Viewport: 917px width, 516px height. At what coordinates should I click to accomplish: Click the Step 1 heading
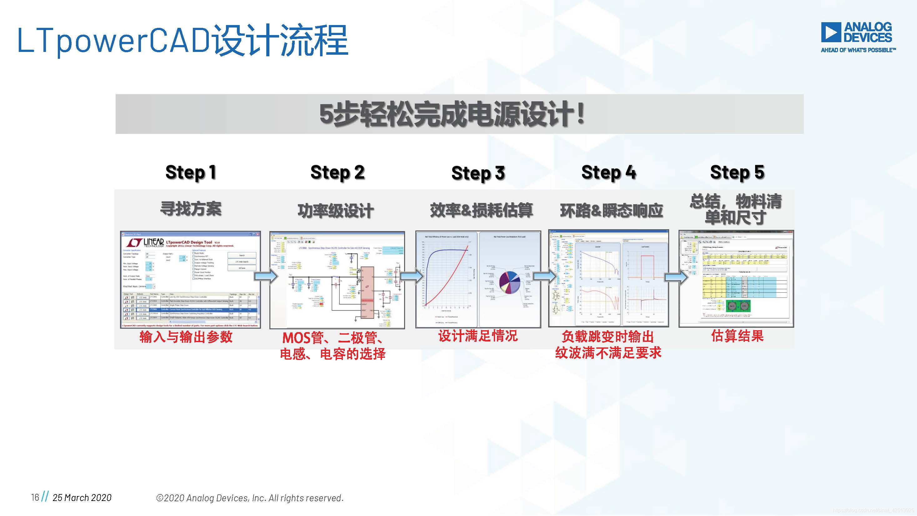pyautogui.click(x=191, y=173)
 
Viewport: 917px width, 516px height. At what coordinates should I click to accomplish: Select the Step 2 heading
pyautogui.click(x=337, y=173)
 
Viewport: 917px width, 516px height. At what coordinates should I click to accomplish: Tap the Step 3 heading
pyautogui.click(x=478, y=174)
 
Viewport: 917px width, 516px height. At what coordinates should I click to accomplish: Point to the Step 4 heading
pyautogui.click(x=609, y=173)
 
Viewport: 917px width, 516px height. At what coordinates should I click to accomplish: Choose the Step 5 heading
pyautogui.click(x=737, y=173)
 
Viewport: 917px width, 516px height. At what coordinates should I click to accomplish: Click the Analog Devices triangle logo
pyautogui.click(x=831, y=32)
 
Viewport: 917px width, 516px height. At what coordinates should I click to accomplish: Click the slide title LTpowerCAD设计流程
pyautogui.click(x=183, y=40)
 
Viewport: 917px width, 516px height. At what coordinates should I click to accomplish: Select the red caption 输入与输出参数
pyautogui.click(x=186, y=337)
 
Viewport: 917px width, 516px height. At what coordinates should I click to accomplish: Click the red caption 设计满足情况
pyautogui.click(x=478, y=336)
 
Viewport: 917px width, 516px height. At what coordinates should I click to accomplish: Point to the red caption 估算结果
pyautogui.click(x=737, y=336)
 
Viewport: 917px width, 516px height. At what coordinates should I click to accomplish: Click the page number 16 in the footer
pyautogui.click(x=35, y=497)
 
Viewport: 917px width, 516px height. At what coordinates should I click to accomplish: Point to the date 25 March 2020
pyautogui.click(x=82, y=498)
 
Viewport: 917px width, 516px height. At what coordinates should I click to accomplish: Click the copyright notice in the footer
pyautogui.click(x=249, y=498)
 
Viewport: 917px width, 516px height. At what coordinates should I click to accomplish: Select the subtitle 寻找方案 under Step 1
pyautogui.click(x=191, y=209)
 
